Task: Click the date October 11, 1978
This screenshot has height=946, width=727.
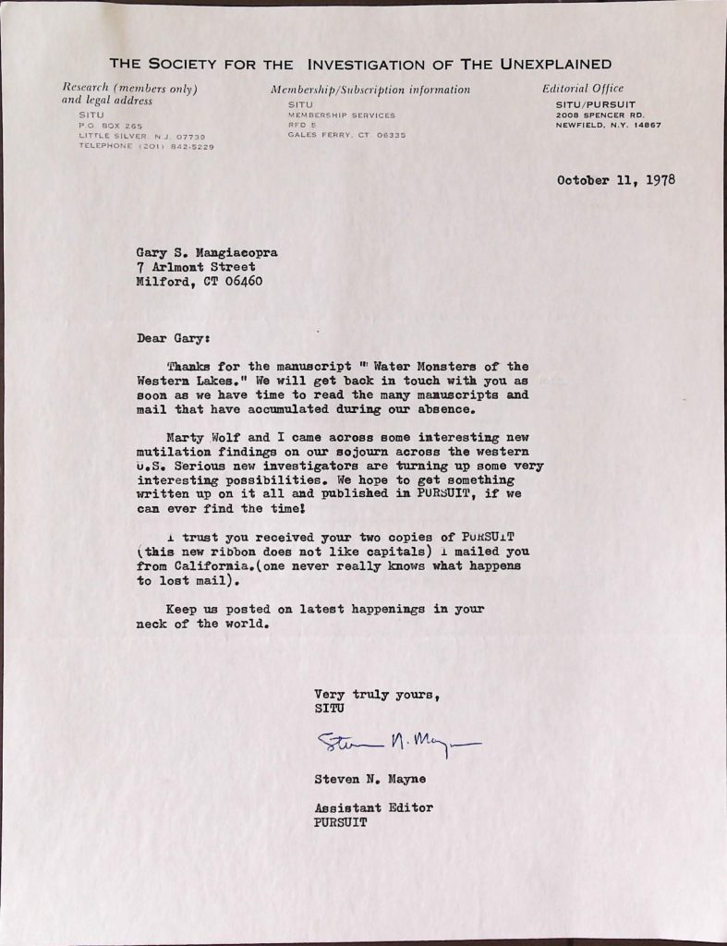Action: [616, 179]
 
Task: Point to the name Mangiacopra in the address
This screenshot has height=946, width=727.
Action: [238, 252]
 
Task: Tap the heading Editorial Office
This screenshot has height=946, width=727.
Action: [583, 89]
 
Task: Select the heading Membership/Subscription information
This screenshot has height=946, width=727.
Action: [370, 90]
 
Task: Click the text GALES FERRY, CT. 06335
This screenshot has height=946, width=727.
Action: [345, 135]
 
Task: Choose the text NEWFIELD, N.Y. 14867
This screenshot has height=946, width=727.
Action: [608, 124]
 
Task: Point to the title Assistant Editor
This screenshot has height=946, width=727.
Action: [373, 808]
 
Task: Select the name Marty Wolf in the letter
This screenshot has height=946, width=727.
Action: [205, 436]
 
